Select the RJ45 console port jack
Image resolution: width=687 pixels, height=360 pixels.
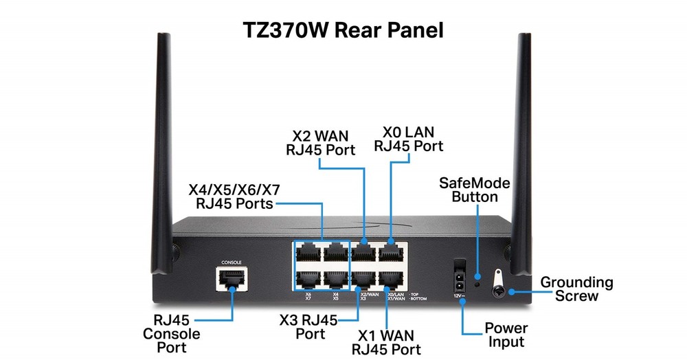pyautogui.click(x=232, y=279)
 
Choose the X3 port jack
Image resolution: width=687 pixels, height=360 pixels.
pyautogui.click(x=363, y=280)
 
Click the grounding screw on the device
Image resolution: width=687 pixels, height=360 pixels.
pyautogui.click(x=497, y=289)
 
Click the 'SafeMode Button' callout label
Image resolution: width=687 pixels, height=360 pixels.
pyautogui.click(x=475, y=190)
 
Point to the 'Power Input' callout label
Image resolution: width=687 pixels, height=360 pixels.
pyautogui.click(x=506, y=335)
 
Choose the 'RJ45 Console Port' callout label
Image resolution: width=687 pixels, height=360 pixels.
pyautogui.click(x=171, y=334)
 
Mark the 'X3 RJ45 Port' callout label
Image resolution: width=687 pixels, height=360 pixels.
pyautogui.click(x=308, y=327)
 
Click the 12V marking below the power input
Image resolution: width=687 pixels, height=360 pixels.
pyautogui.click(x=458, y=295)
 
